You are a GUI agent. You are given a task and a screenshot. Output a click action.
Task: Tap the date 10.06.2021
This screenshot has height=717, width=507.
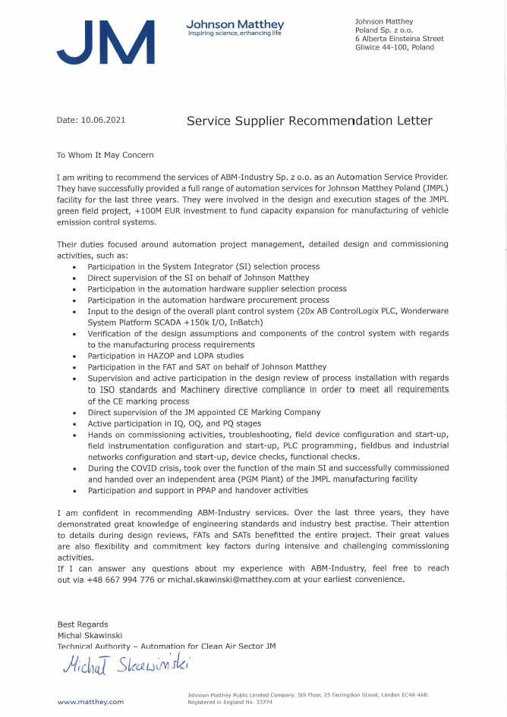pyautogui.click(x=102, y=120)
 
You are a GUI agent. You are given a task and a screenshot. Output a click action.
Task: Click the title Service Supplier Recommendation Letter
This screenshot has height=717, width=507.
pyautogui.click(x=310, y=121)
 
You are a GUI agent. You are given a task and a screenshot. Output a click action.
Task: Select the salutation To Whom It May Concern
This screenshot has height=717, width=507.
pyautogui.click(x=105, y=155)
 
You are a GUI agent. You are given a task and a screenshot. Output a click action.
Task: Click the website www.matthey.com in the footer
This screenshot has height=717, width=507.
pyautogui.click(x=90, y=703)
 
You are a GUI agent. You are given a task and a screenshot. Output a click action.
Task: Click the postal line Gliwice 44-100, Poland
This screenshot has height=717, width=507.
pyautogui.click(x=395, y=47)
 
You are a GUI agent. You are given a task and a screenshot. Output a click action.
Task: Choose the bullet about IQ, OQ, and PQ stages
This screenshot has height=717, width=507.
pyautogui.click(x=175, y=423)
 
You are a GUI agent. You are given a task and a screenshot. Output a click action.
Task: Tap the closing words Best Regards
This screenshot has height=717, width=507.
pyautogui.click(x=83, y=624)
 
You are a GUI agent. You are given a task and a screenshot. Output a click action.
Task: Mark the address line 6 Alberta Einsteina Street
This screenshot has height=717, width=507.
pyautogui.click(x=399, y=38)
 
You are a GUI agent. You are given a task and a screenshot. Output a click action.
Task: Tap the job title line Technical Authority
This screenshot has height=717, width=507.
pyautogui.click(x=166, y=646)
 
